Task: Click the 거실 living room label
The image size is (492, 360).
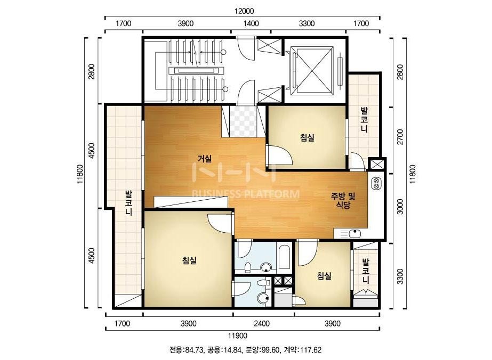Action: coord(204,159)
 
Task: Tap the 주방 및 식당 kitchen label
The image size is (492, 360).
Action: coord(343,201)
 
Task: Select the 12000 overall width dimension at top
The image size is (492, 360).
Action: coord(244,11)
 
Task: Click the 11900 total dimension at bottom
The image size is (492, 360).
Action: coord(238,336)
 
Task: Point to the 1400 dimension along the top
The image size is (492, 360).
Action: coord(252,23)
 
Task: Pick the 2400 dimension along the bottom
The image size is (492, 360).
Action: coord(262,323)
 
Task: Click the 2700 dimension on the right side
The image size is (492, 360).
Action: coord(400,137)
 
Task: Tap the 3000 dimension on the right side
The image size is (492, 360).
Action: coord(400,206)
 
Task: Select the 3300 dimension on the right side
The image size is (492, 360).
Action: coord(400,276)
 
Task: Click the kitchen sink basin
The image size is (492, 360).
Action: coord(355,234)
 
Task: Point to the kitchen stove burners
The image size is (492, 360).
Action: coord(376,183)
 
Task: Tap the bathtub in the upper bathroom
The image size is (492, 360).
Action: coord(284,257)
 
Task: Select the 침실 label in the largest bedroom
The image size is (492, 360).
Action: coord(189,260)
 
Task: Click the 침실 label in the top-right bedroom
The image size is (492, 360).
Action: coord(307,138)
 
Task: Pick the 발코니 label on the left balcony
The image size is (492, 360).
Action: coord(128,202)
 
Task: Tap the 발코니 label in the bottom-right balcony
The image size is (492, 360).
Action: coord(366,271)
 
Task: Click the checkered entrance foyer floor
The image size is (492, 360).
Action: coord(243,121)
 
